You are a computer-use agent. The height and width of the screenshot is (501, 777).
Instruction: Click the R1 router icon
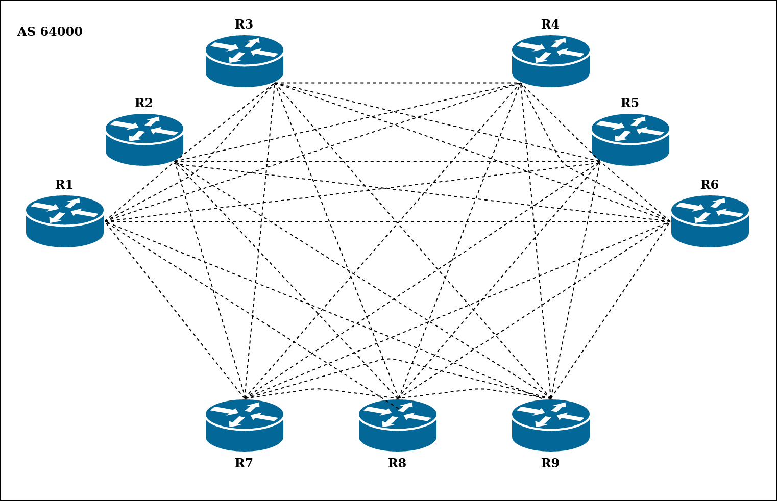click(65, 221)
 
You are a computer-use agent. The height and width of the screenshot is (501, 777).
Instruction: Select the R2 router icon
click(144, 139)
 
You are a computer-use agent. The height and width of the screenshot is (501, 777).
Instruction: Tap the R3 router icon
click(245, 61)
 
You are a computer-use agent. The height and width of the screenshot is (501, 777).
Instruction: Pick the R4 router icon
click(551, 61)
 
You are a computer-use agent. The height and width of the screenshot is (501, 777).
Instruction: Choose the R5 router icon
click(630, 139)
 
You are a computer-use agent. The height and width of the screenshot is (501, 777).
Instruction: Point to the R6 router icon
click(710, 221)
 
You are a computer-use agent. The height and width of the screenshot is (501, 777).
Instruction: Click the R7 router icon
click(245, 425)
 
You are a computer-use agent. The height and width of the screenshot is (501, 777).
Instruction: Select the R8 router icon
click(398, 425)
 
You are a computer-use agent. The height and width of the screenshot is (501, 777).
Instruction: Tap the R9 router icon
click(551, 425)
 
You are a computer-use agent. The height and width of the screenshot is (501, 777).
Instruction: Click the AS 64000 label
click(50, 32)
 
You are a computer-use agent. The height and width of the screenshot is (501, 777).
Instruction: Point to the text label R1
click(64, 185)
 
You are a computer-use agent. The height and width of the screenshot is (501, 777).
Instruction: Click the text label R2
click(144, 103)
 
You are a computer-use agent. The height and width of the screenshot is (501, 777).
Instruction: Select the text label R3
click(244, 24)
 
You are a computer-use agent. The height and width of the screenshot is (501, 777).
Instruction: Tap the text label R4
click(550, 24)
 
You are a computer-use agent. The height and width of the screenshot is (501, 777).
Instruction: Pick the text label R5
click(630, 103)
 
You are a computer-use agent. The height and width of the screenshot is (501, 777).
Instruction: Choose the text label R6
click(710, 185)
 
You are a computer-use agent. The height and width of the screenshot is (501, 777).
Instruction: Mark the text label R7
click(244, 463)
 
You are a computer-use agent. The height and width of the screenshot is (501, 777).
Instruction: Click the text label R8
click(397, 463)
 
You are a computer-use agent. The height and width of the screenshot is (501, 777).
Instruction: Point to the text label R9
click(550, 463)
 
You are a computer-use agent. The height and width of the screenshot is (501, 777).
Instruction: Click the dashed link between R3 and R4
click(398, 83)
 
